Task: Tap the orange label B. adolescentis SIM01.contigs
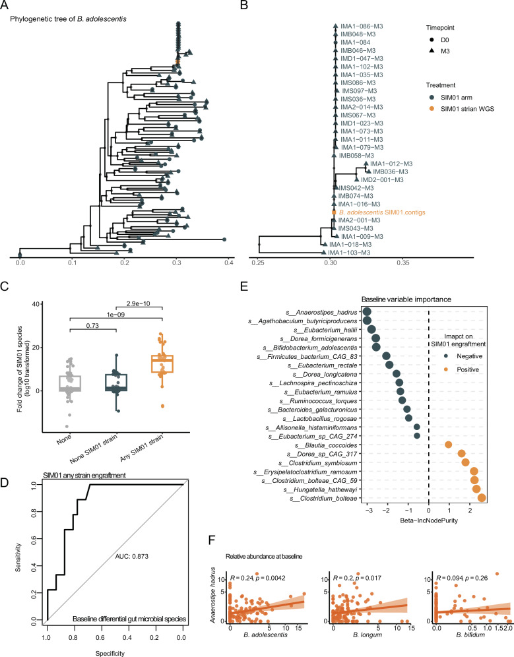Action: (381, 212)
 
